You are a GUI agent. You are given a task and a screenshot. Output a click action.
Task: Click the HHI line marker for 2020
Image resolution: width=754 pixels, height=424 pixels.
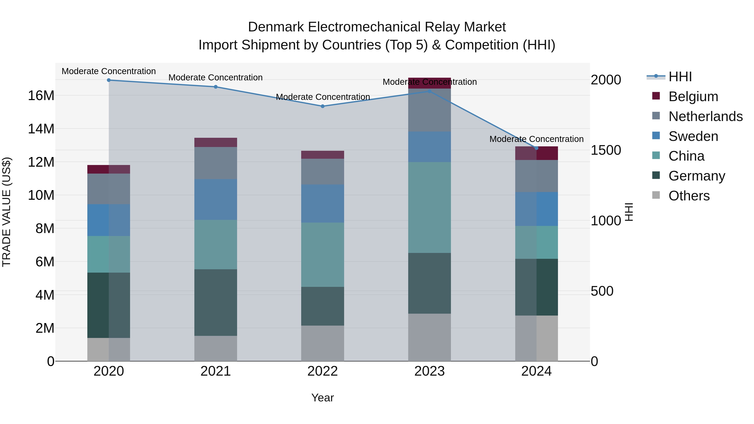click(x=108, y=80)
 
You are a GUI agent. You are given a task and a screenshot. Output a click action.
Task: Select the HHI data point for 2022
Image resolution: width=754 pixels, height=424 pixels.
click(x=323, y=106)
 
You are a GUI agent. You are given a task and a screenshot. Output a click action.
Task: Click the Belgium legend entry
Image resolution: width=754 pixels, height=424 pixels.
click(x=693, y=97)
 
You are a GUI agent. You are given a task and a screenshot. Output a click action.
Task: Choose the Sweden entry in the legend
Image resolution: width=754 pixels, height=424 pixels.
click(x=693, y=136)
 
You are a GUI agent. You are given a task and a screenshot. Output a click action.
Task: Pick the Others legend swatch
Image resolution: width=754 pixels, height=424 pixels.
click(x=656, y=195)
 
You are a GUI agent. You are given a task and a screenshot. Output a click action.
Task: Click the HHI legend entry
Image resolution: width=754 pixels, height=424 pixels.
click(x=680, y=77)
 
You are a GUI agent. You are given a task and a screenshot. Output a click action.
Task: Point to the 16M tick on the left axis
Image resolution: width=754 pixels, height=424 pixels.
click(x=41, y=95)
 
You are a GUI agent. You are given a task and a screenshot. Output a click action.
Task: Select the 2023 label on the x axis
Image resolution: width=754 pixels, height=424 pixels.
click(x=429, y=371)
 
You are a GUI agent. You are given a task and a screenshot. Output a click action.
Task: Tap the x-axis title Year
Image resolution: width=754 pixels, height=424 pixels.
click(x=323, y=398)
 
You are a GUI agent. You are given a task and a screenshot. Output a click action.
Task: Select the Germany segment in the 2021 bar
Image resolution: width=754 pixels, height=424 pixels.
click(x=216, y=302)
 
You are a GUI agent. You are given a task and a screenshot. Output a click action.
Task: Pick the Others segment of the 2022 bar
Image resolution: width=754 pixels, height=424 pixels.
click(x=323, y=343)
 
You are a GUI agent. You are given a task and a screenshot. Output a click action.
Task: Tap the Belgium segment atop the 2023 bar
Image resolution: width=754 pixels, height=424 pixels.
click(x=429, y=83)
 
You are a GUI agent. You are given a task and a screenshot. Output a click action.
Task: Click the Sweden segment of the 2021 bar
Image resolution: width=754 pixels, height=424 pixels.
click(x=216, y=199)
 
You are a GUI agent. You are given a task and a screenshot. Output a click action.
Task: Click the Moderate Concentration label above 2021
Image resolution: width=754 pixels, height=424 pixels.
click(x=216, y=77)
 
